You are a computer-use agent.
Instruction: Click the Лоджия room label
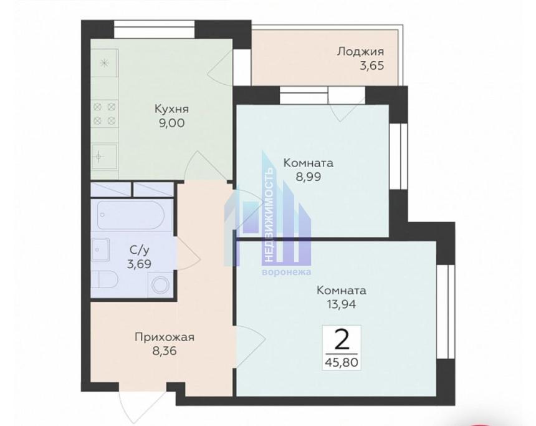(360, 52)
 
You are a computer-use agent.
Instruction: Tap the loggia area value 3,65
(371, 65)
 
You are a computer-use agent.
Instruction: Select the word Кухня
(171, 109)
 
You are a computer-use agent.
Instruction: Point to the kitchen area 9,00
(171, 123)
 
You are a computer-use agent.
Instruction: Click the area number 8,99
(309, 177)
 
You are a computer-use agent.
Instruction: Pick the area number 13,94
(342, 304)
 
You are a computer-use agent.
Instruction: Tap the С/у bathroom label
(140, 251)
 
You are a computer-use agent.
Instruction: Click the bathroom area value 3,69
(139, 264)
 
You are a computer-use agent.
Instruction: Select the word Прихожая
(165, 337)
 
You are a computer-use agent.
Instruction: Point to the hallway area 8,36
(165, 351)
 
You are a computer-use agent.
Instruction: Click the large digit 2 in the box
(342, 340)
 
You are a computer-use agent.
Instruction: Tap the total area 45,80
(342, 362)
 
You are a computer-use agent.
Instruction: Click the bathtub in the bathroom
(131, 215)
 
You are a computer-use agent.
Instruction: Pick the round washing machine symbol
(160, 285)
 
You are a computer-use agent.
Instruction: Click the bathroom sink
(100, 249)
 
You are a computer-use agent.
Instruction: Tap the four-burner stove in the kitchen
(105, 114)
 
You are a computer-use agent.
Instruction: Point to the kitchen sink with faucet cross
(105, 157)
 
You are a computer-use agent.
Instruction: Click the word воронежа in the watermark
(287, 273)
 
